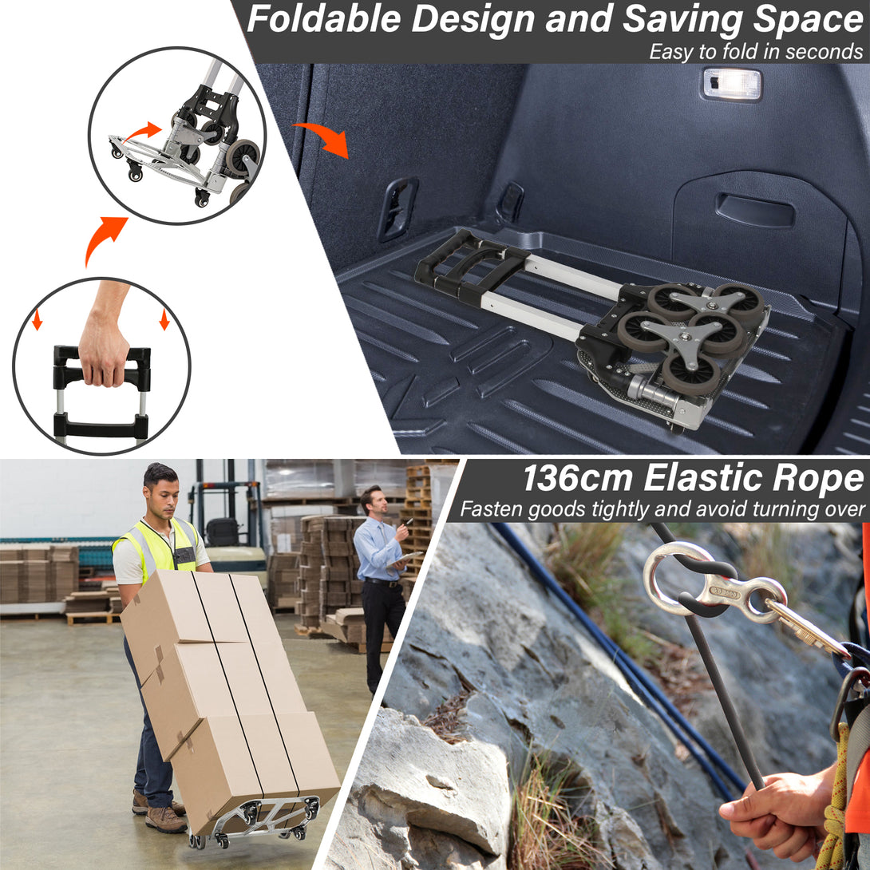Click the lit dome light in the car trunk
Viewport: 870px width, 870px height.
(731, 84)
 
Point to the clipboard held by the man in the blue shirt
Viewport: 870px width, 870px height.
(405, 559)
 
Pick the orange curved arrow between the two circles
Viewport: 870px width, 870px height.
(104, 237)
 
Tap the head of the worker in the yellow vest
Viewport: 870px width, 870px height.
(161, 490)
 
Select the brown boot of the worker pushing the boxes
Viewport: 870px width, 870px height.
(164, 818)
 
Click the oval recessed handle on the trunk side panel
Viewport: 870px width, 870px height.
(754, 211)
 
